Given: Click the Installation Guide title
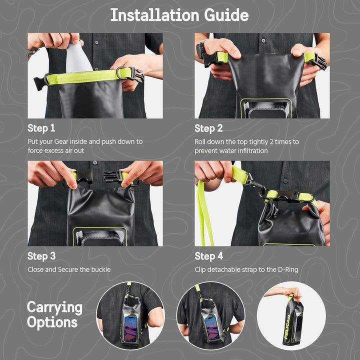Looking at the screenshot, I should pos(179,15).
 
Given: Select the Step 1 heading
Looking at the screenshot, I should pos(41,128).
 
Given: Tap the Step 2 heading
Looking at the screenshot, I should pos(208,128).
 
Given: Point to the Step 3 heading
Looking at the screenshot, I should pos(41,256).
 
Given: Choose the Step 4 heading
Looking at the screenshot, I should pos(208,256).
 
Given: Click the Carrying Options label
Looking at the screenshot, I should pos(54,314).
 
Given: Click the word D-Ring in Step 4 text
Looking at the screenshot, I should pos(287,270).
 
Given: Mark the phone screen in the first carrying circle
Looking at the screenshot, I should pos(131,327).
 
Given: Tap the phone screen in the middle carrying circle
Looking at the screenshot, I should pos(212,327).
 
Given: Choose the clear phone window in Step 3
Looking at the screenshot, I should pos(100,237).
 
